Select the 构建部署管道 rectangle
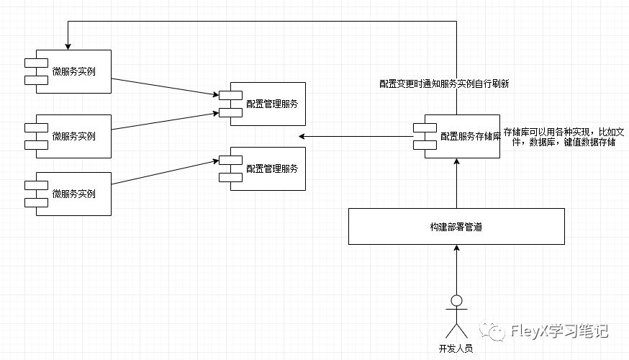(x=456, y=226)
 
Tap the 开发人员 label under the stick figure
(x=456, y=348)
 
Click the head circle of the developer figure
(x=456, y=300)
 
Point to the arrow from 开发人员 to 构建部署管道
(x=456, y=270)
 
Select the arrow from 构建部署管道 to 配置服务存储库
(x=456, y=184)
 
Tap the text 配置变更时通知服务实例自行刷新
(x=444, y=84)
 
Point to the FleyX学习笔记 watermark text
(x=558, y=331)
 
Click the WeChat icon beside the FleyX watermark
(x=497, y=330)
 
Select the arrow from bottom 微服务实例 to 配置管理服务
(x=166, y=171)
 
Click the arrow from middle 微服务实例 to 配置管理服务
(x=166, y=121)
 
